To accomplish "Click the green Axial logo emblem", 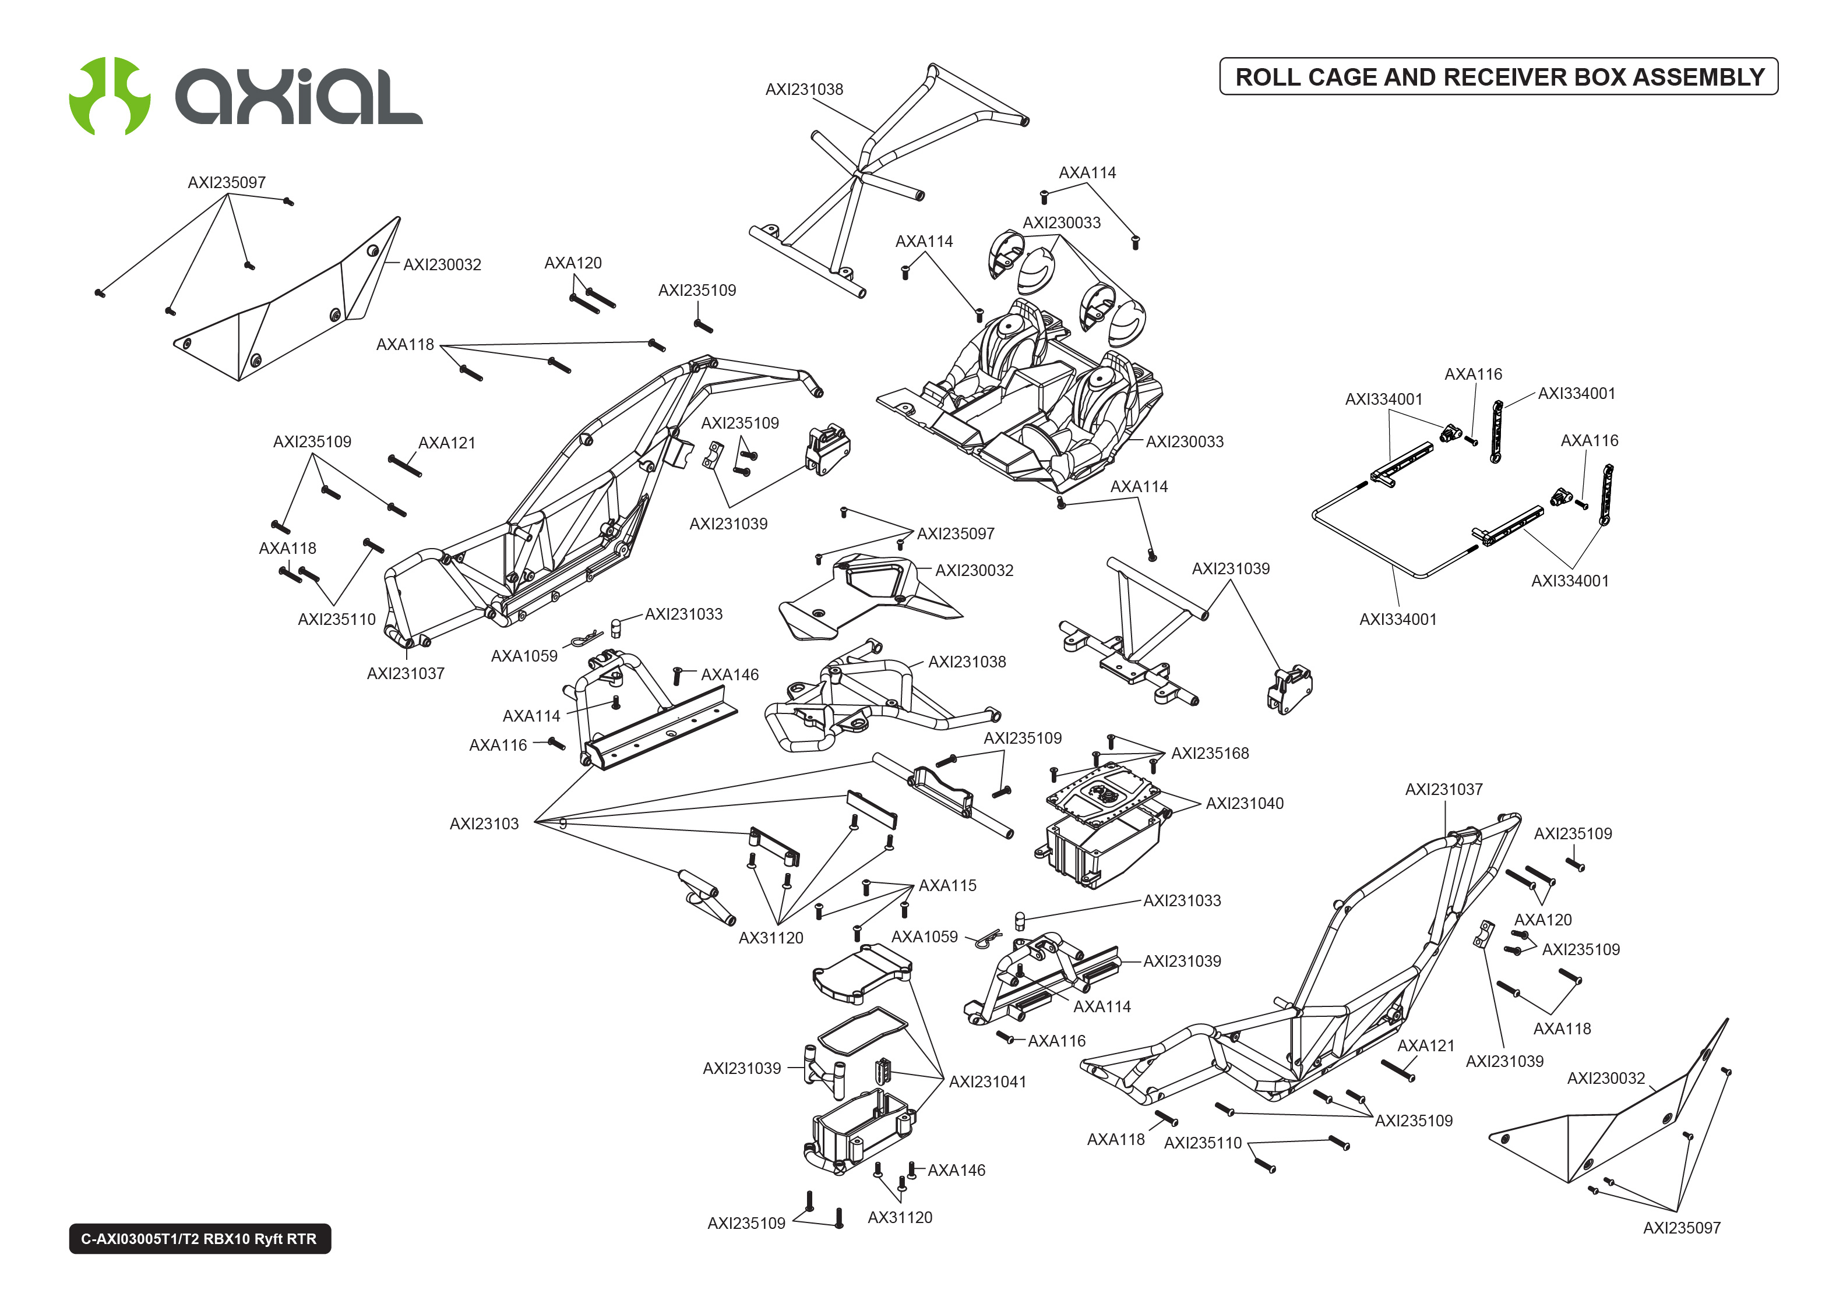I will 110,96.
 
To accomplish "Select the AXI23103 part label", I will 484,824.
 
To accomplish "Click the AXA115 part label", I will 947,886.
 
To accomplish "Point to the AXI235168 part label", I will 1210,753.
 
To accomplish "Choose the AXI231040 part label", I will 1244,803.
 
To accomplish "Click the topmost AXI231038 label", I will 804,90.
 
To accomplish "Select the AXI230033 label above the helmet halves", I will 1061,223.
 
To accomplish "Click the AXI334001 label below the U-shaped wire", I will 1398,619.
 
